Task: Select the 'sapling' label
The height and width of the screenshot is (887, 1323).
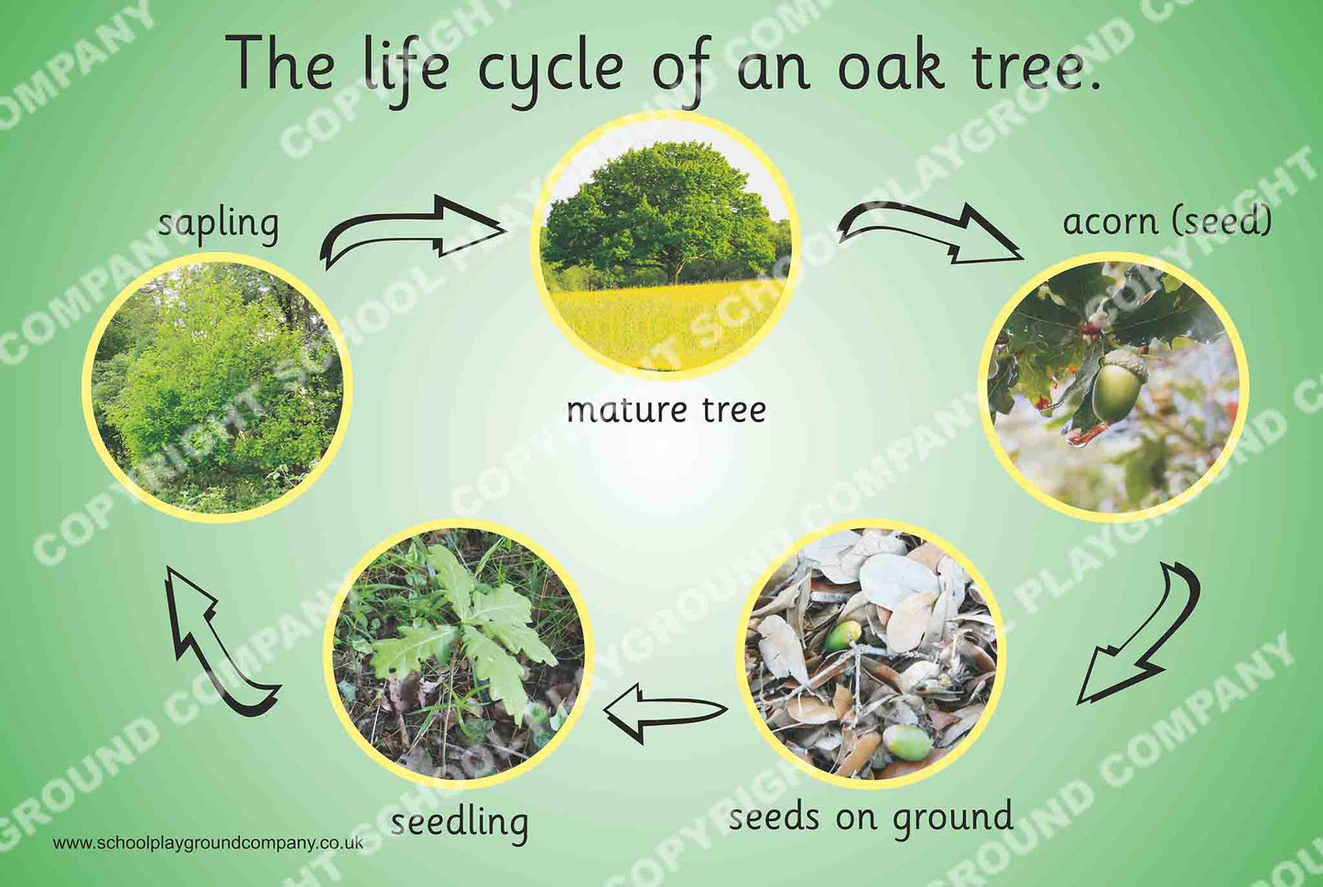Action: tap(218, 226)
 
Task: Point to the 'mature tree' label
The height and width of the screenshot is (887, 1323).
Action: tap(667, 410)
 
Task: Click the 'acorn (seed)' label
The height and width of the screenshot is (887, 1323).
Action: tap(1167, 222)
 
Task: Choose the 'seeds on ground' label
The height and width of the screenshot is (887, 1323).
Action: tap(872, 819)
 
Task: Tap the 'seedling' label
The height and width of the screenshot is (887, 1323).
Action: tap(460, 823)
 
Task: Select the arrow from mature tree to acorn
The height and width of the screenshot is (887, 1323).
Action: tap(929, 232)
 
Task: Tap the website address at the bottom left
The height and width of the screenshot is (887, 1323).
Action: tap(208, 843)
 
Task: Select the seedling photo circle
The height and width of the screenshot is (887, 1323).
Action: tap(460, 654)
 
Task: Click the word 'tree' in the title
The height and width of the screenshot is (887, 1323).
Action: tap(1031, 65)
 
